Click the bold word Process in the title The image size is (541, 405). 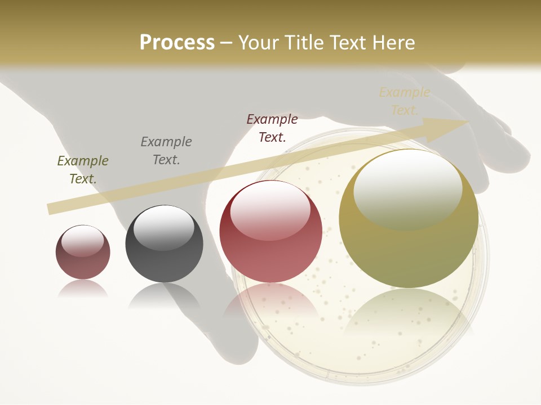tap(177, 43)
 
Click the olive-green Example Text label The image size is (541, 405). tap(83, 170)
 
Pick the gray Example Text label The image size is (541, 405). tap(166, 151)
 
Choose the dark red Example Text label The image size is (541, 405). tap(272, 128)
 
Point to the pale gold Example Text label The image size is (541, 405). tap(404, 101)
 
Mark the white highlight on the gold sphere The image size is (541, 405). tap(407, 188)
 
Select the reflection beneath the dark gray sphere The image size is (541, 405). tap(164, 295)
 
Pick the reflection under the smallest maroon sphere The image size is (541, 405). tap(83, 289)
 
